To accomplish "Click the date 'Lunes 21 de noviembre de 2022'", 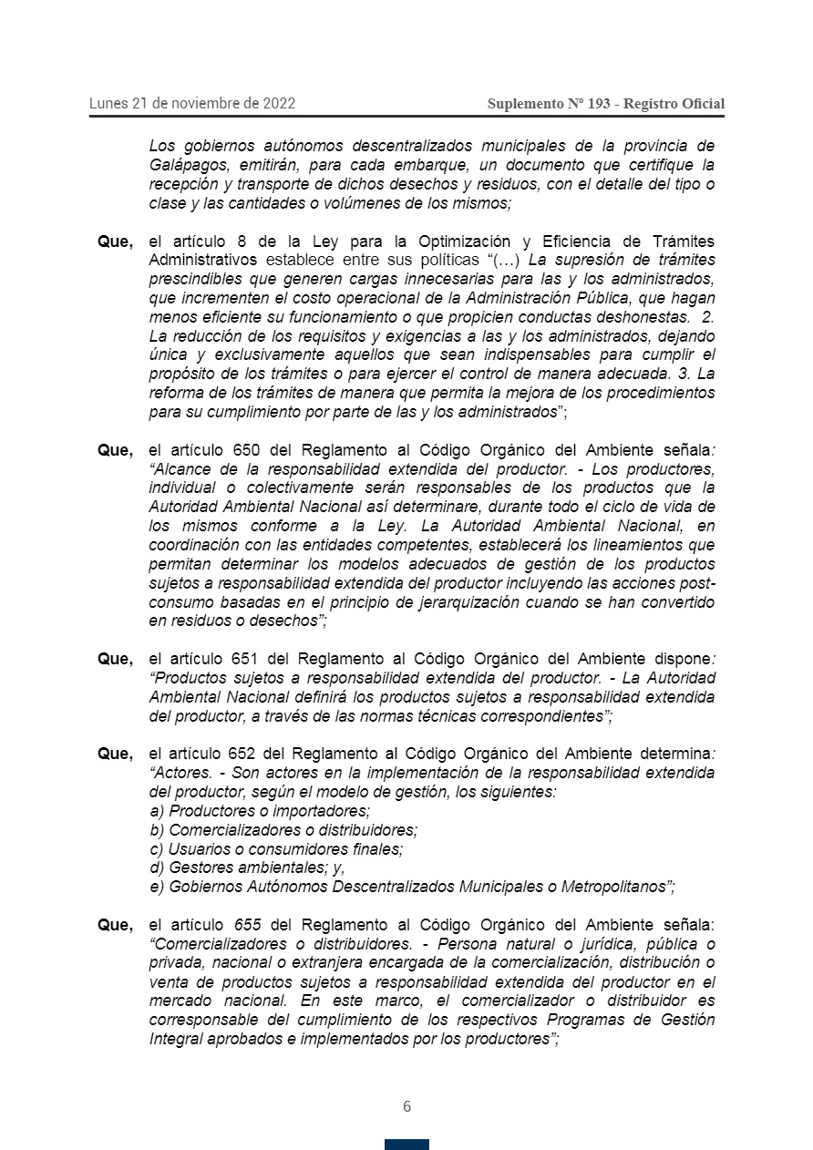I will [x=191, y=103].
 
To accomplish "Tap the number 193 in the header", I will [x=599, y=104].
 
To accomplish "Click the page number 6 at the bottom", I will [x=406, y=1106].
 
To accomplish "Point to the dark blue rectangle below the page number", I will [x=406, y=1144].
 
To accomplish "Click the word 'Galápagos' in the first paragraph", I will [x=180, y=165].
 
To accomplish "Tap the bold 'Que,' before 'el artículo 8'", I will [x=116, y=241].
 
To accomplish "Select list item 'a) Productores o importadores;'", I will [x=260, y=811].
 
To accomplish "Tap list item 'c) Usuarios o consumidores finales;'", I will [x=276, y=848].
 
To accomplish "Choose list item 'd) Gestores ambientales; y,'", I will [x=247, y=868].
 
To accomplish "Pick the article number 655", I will [x=247, y=925].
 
